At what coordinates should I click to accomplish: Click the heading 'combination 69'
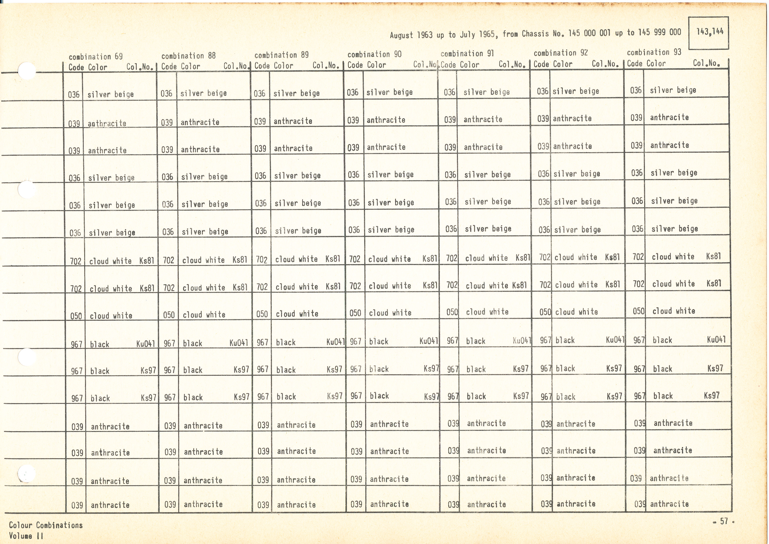click(95, 56)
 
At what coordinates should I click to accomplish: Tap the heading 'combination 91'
click(467, 54)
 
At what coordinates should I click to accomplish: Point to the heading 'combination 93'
click(654, 52)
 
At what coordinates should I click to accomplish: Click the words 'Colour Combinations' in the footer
click(46, 525)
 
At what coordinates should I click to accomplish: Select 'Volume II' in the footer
click(26, 536)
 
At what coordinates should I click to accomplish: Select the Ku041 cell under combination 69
click(146, 344)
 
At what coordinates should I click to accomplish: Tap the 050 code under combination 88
click(169, 315)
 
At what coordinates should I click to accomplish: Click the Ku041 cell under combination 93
click(716, 340)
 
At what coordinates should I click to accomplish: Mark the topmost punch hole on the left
click(27, 71)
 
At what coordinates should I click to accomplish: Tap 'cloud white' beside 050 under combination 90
click(390, 313)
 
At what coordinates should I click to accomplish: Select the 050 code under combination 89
click(262, 314)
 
